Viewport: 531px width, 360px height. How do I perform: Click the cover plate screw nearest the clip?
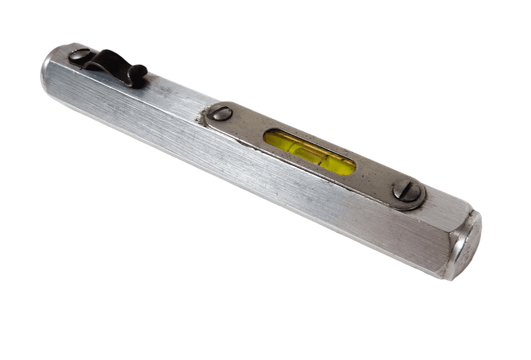[220, 112]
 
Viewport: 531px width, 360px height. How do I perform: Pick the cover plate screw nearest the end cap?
[407, 191]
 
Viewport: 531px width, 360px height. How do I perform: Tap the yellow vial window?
[309, 151]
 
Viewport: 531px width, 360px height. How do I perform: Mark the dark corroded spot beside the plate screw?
[201, 118]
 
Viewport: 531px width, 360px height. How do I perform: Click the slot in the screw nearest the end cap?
[407, 191]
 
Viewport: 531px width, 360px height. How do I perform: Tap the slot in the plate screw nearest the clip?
[220, 112]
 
